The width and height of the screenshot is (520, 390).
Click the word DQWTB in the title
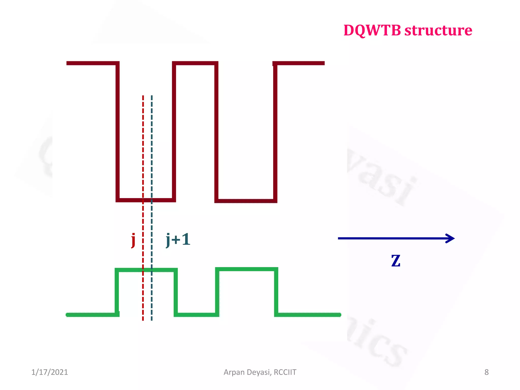click(x=372, y=30)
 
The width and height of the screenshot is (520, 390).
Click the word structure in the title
click(x=438, y=30)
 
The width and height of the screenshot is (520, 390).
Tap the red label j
click(x=133, y=240)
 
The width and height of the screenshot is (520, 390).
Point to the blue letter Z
click(x=396, y=261)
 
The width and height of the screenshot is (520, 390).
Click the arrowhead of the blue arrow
click(x=451, y=238)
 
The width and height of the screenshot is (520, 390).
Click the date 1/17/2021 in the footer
click(x=50, y=372)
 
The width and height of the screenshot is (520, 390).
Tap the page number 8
click(x=486, y=372)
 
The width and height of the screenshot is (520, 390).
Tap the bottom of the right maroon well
click(x=246, y=201)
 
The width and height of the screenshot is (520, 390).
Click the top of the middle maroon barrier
click(x=195, y=63)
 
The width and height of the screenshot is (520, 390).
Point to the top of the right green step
click(x=247, y=269)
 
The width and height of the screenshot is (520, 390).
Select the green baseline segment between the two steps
click(x=197, y=315)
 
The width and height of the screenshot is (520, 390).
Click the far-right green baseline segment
click(x=308, y=315)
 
